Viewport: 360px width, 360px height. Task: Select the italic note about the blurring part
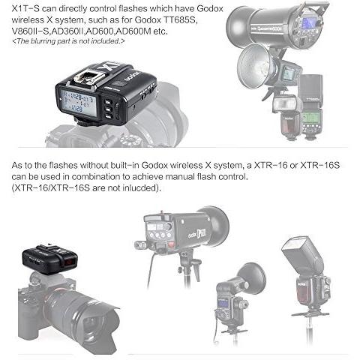[x=68, y=41]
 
